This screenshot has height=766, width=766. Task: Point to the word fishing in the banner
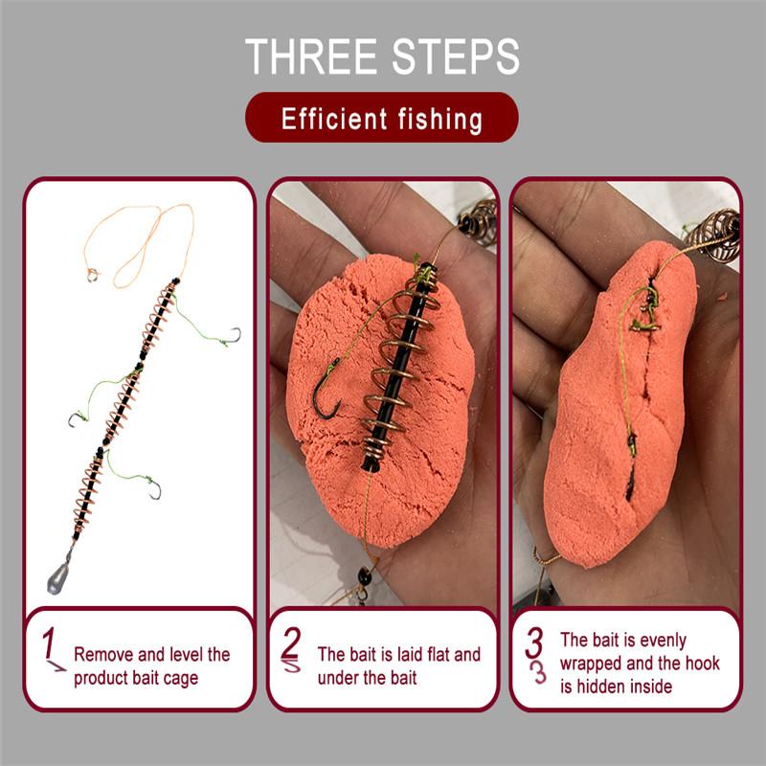pos(438,120)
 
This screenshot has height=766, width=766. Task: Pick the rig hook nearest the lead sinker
pos(151,491)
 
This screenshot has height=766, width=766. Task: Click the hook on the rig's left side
pos(75,422)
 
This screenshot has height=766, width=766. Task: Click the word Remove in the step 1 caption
pos(103,656)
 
